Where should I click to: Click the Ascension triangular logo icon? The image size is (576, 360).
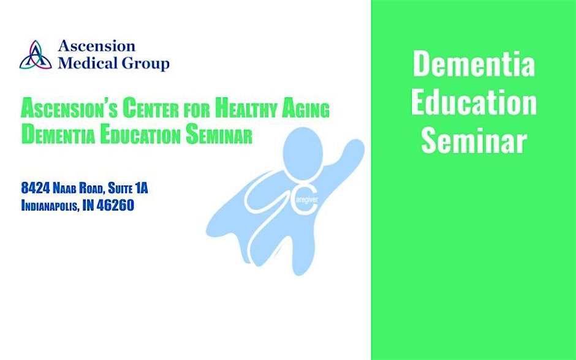coord(36,54)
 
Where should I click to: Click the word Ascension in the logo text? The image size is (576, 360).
coord(97,47)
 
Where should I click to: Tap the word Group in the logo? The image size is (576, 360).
coord(145,63)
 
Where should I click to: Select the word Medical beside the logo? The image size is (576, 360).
coord(88,62)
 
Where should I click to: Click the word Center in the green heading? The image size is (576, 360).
coord(152,109)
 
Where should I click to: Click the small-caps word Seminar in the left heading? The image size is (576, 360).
coord(219,135)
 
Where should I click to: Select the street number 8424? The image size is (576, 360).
coord(36,188)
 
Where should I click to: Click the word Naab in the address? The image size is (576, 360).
coord(66,188)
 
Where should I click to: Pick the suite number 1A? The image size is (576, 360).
coord(142,188)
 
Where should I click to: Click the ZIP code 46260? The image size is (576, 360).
coord(115,205)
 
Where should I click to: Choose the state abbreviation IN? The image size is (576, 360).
coord(88,205)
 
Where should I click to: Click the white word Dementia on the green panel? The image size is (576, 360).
coord(474,64)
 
